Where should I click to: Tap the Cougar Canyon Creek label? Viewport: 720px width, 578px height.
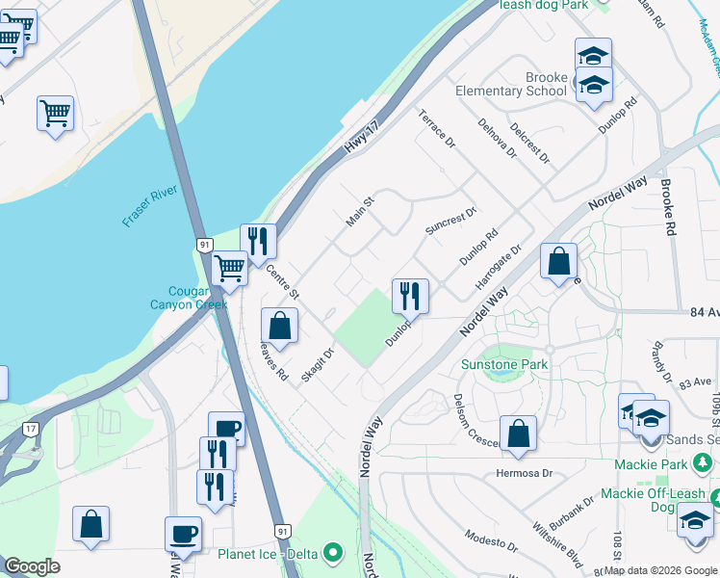[188, 298]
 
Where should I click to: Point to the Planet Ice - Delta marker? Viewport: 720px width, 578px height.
[333, 553]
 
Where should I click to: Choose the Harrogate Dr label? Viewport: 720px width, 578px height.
[498, 268]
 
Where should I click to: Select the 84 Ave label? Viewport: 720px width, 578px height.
[703, 313]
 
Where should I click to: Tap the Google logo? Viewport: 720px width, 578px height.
[32, 566]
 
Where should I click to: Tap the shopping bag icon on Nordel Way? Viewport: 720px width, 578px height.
[558, 261]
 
